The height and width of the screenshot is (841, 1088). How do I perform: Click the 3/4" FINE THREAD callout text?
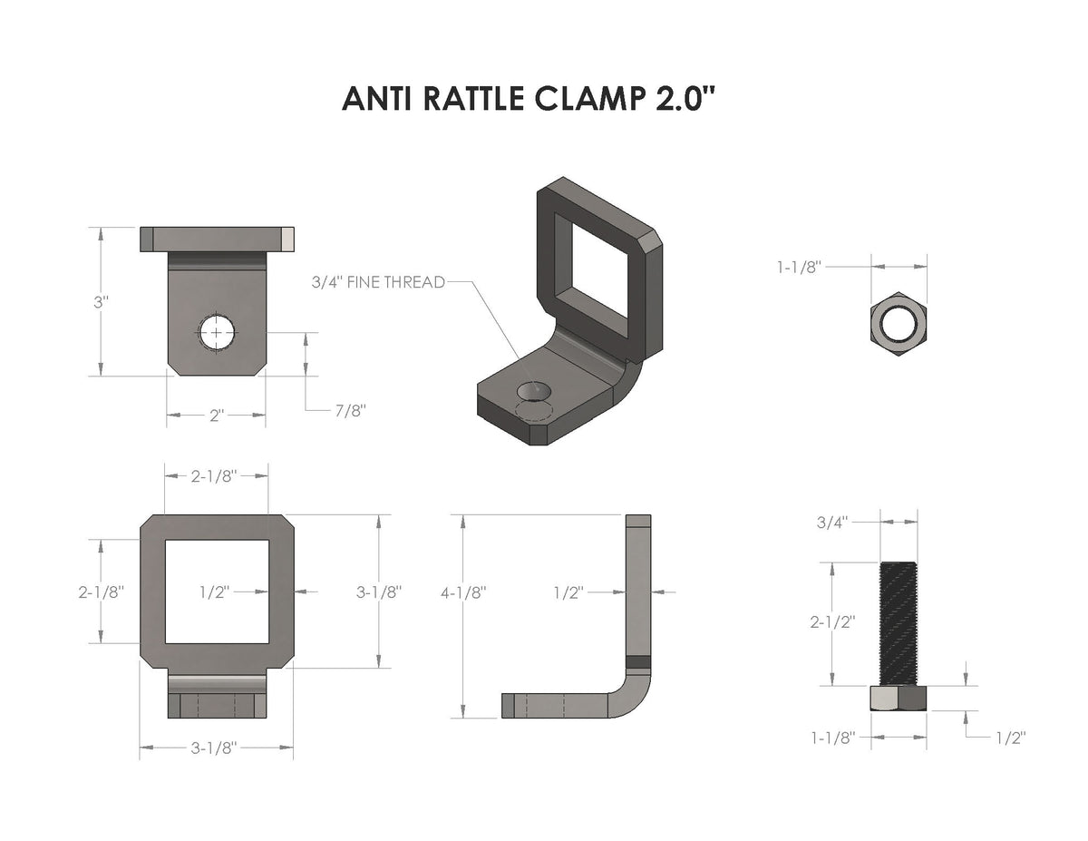click(x=378, y=282)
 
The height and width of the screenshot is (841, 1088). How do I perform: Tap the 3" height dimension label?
click(x=101, y=301)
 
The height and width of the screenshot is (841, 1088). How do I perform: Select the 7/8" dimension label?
click(x=350, y=411)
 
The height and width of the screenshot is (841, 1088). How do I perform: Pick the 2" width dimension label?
click(x=216, y=416)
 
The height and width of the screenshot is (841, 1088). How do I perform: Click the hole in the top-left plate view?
click(x=217, y=333)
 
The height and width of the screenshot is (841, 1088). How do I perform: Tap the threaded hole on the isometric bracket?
click(x=533, y=391)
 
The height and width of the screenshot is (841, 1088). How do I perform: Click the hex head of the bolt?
click(x=899, y=699)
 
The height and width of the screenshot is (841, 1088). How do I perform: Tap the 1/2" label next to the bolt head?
click(x=1009, y=738)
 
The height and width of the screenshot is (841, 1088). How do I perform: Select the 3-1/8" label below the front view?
click(x=214, y=748)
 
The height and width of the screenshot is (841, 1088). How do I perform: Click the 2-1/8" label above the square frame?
click(x=215, y=475)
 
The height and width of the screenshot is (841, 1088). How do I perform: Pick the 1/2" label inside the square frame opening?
click(x=215, y=591)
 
